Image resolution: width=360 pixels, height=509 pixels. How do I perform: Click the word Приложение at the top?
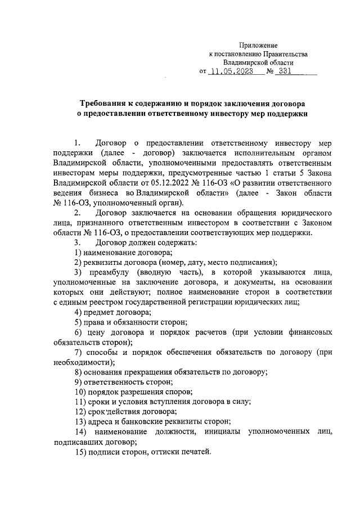coord(258,44)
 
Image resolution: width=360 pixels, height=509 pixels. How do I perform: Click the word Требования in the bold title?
coord(103,104)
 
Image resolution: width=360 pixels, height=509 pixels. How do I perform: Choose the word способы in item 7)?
coord(102,352)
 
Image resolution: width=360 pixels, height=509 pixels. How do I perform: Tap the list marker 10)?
coord(80,391)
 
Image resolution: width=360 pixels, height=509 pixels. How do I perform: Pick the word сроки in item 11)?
coord(98,402)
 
